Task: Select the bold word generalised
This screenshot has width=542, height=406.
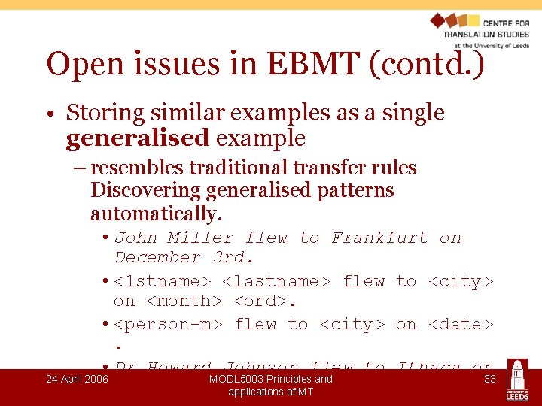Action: pyautogui.click(x=137, y=138)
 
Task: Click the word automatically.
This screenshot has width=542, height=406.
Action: pyautogui.click(x=156, y=214)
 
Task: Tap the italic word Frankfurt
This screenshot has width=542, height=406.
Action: pyautogui.click(x=379, y=238)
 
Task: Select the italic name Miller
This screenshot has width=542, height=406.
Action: pyautogui.click(x=200, y=238)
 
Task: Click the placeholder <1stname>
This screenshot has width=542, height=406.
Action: pyautogui.click(x=163, y=281)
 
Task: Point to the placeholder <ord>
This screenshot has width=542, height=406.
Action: pyautogui.click(x=264, y=301)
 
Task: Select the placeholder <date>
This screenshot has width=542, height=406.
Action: pyautogui.click(x=461, y=324)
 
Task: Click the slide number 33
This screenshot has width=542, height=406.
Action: pyautogui.click(x=489, y=379)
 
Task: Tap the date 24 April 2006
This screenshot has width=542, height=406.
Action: pyautogui.click(x=77, y=379)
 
